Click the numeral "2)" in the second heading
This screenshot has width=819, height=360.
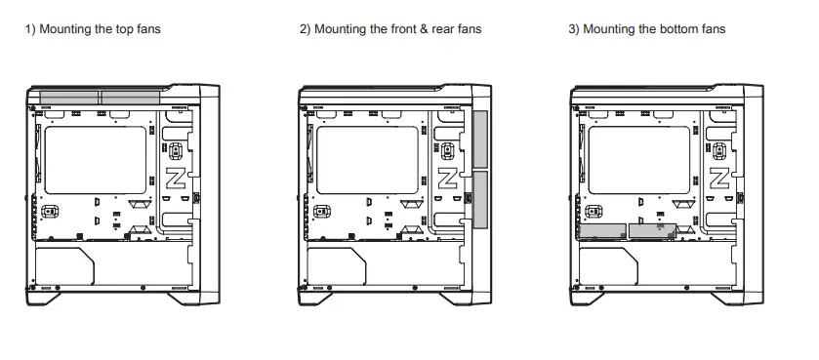304,29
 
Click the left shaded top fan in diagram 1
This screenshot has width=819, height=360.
67,97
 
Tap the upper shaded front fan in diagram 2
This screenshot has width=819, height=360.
479,140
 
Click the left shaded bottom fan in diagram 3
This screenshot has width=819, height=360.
603,231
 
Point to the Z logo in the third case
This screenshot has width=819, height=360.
719,179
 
